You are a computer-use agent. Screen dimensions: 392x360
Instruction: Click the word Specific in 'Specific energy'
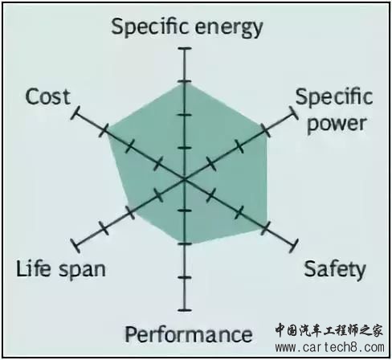tap(149, 27)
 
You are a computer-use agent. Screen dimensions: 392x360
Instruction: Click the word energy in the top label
tap(229, 29)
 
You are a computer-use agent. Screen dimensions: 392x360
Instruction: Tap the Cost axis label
tap(48, 96)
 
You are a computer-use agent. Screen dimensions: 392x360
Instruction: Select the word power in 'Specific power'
tap(337, 124)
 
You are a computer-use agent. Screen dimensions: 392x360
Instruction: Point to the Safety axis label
tap(335, 269)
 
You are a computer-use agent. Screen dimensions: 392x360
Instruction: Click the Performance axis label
tap(189, 334)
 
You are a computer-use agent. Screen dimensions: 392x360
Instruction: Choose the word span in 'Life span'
tap(82, 271)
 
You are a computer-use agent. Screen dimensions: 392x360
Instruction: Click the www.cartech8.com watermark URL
tap(330, 347)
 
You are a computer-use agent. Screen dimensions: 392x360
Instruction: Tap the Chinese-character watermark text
tap(329, 329)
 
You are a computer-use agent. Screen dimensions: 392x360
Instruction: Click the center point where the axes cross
tap(185, 179)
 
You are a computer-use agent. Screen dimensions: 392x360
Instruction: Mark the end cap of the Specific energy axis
tap(185, 48)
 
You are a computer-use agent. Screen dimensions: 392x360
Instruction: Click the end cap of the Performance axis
tap(185, 310)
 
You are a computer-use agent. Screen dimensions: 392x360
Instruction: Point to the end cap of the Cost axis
tap(76, 113)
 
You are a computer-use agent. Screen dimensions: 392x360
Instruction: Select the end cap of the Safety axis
tap(294, 245)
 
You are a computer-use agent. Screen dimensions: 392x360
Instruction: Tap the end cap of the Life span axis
tap(76, 245)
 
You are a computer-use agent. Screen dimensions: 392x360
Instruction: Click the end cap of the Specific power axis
tap(294, 113)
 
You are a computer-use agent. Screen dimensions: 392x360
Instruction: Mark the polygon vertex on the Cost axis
tap(107, 132)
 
